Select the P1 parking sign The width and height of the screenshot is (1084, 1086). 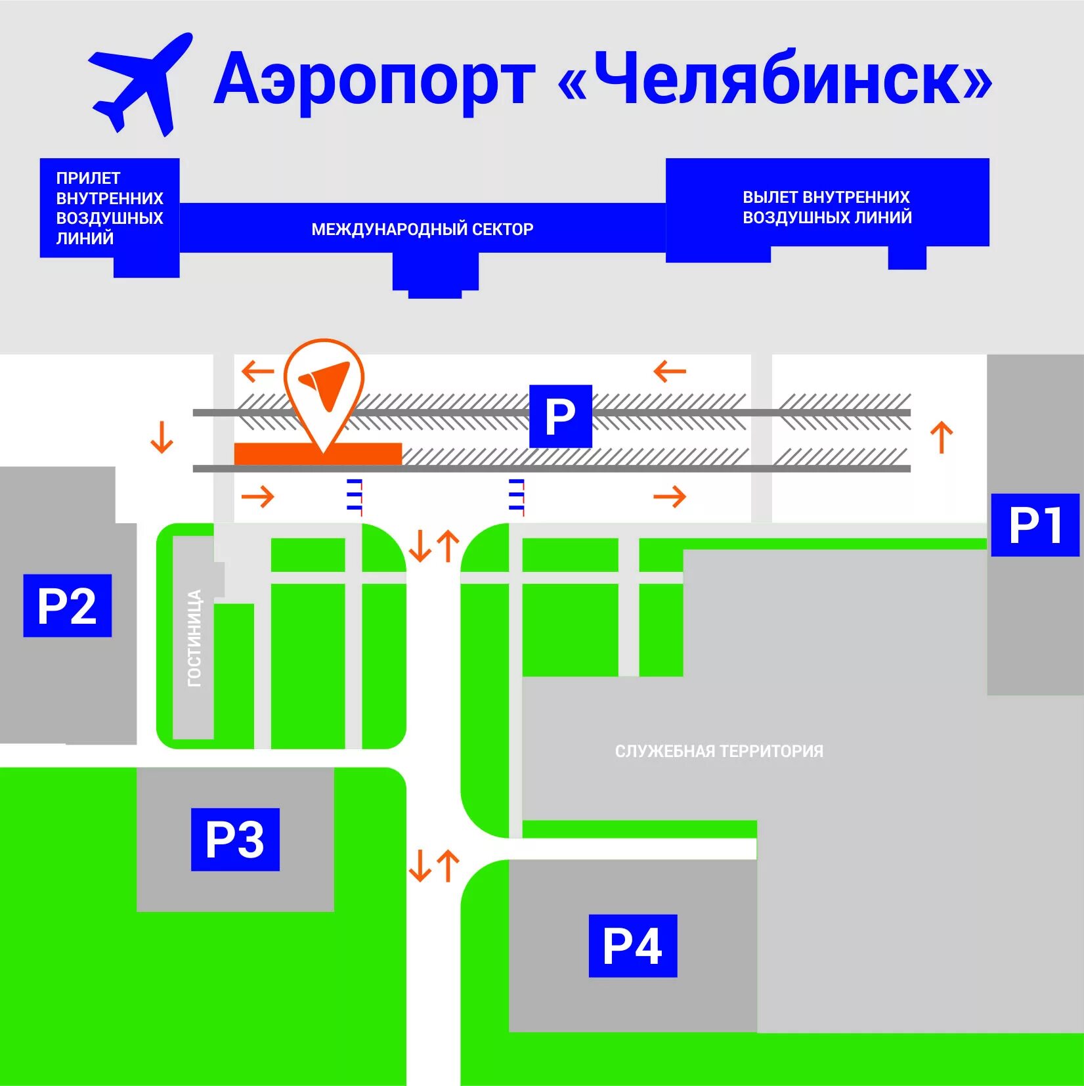click(1035, 525)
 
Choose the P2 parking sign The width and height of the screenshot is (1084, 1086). click(67, 605)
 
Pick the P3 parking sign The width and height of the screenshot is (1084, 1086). click(235, 839)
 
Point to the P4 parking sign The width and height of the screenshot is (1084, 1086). click(632, 945)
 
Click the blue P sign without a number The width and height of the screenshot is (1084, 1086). click(560, 416)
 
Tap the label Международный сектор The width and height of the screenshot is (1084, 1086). click(422, 229)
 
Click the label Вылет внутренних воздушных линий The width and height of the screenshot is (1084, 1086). click(827, 207)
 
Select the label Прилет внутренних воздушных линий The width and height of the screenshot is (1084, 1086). click(109, 207)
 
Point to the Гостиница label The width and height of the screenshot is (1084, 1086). click(195, 638)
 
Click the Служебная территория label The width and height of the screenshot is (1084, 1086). click(719, 751)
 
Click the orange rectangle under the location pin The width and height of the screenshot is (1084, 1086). click(318, 454)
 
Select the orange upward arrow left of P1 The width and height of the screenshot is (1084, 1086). click(942, 437)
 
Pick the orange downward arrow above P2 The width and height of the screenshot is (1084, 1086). click(162, 437)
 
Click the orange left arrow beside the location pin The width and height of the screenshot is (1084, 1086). click(258, 372)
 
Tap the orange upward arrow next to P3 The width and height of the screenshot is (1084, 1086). click(448, 865)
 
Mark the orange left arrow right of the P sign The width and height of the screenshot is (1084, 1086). click(670, 372)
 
